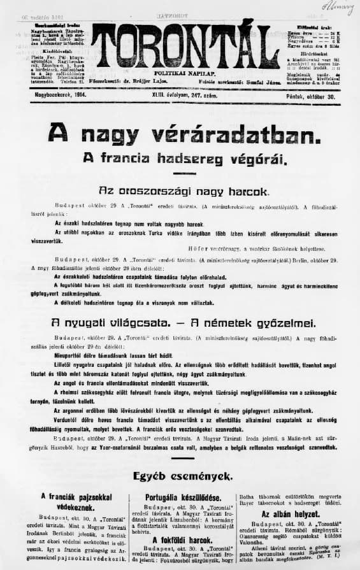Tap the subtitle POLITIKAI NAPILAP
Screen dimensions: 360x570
[x=184, y=74]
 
